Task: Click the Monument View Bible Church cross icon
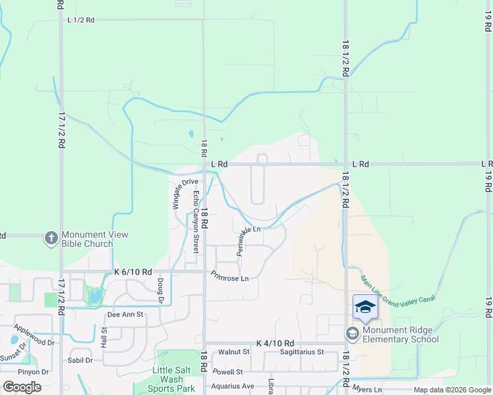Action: (51, 238)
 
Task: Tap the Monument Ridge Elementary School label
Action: (401, 335)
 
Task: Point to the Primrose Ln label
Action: (229, 278)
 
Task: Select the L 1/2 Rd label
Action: (81, 20)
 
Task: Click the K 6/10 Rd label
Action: (133, 271)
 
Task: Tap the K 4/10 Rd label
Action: (274, 343)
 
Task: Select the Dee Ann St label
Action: (125, 315)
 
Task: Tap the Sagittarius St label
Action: (301, 352)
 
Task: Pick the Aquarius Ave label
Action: (233, 386)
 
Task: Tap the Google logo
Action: (22, 387)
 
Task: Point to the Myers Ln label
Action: (367, 390)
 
